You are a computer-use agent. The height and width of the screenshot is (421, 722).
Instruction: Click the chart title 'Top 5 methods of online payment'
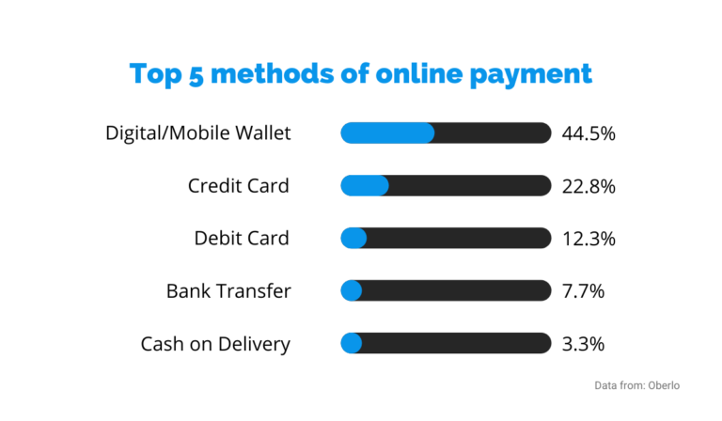[361, 73]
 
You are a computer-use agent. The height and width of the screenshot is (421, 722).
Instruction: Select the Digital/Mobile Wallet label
[198, 133]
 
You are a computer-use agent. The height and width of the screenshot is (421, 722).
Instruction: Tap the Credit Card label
[239, 186]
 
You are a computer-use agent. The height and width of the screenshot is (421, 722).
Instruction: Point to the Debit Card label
[242, 239]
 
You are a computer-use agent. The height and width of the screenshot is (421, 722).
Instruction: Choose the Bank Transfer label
[228, 291]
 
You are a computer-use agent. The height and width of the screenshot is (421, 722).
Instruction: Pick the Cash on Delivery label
[215, 344]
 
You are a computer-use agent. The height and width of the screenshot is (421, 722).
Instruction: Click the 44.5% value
[589, 133]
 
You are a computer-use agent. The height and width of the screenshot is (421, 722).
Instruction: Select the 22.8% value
[589, 186]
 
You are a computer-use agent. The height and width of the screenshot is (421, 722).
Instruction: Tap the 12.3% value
[589, 239]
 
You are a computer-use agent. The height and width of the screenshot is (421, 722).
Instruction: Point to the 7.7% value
[583, 291]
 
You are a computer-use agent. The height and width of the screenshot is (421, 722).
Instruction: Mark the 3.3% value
[583, 344]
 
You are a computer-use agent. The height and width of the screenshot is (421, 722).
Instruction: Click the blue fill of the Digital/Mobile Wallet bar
[387, 133]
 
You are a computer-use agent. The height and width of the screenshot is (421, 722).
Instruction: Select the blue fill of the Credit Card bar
[364, 186]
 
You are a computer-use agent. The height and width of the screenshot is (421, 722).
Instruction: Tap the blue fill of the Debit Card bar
[353, 239]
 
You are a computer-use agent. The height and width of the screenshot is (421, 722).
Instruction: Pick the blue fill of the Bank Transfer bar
[351, 291]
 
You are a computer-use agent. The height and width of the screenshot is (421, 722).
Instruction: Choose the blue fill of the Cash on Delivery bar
[351, 344]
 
